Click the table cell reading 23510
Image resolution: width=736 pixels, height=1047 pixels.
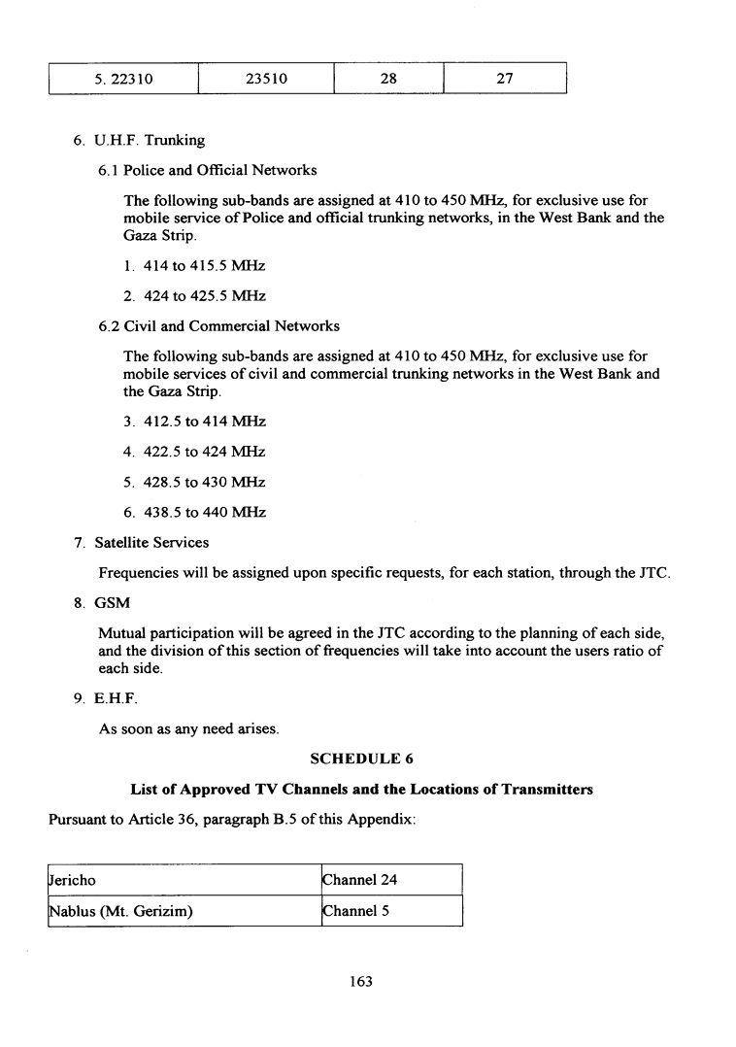pyautogui.click(x=266, y=80)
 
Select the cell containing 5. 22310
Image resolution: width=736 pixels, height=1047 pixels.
pyautogui.click(x=123, y=80)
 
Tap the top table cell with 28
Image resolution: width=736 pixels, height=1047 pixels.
pyautogui.click(x=388, y=80)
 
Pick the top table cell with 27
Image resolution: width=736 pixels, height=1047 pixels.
pyautogui.click(x=504, y=80)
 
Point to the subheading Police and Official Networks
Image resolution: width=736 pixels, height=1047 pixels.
pyautogui.click(x=208, y=170)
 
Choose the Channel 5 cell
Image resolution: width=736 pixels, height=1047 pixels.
pyautogui.click(x=391, y=911)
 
